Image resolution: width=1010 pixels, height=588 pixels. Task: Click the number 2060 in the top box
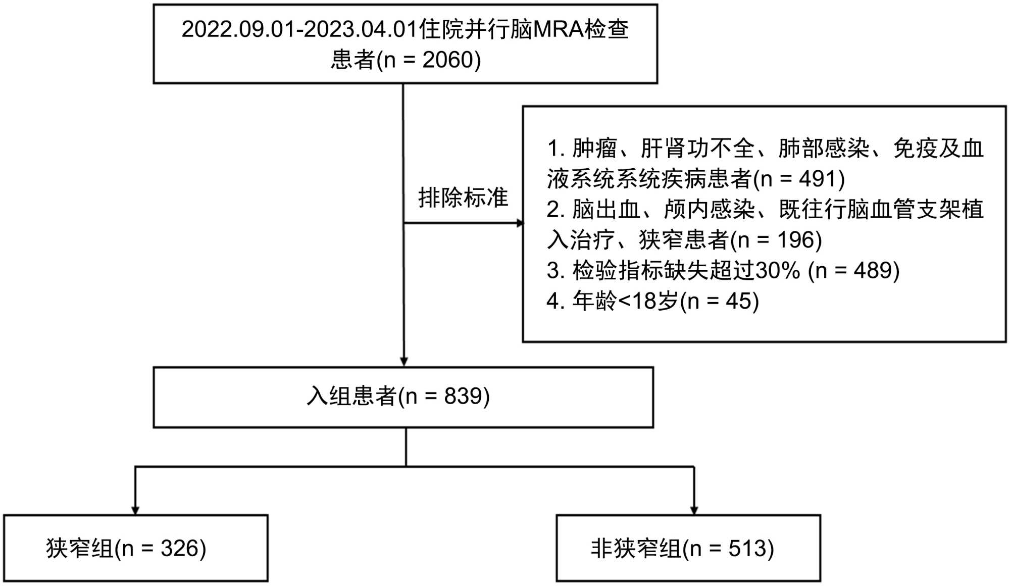(444, 60)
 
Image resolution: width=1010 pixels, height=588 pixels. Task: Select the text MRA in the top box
(559, 29)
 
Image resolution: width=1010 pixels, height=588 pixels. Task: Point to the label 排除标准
(463, 198)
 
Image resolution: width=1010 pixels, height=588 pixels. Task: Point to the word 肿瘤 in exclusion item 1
(594, 149)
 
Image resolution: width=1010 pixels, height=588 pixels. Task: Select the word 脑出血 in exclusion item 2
(605, 209)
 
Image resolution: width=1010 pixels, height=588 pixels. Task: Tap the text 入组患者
(351, 397)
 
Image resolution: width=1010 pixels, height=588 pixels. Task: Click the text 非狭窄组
(636, 549)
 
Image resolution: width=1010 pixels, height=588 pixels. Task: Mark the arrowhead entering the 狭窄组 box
(135, 511)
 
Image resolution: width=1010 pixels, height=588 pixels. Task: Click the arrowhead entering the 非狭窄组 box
(694, 511)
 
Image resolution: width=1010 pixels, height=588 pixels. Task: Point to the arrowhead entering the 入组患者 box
(404, 362)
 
